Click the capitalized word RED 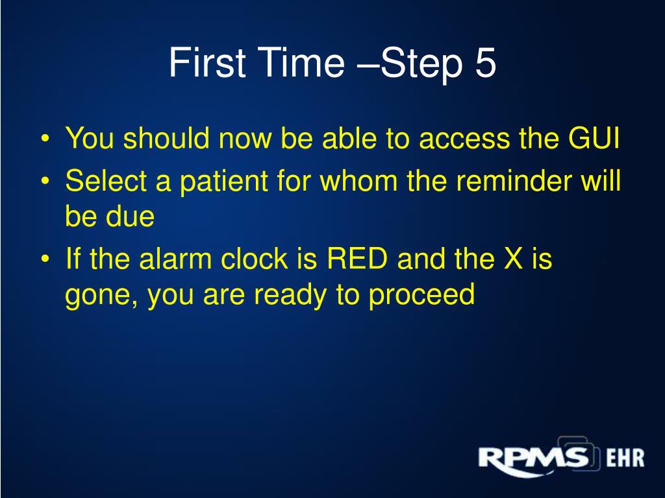(358, 261)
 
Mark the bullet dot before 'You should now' (45, 141)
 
